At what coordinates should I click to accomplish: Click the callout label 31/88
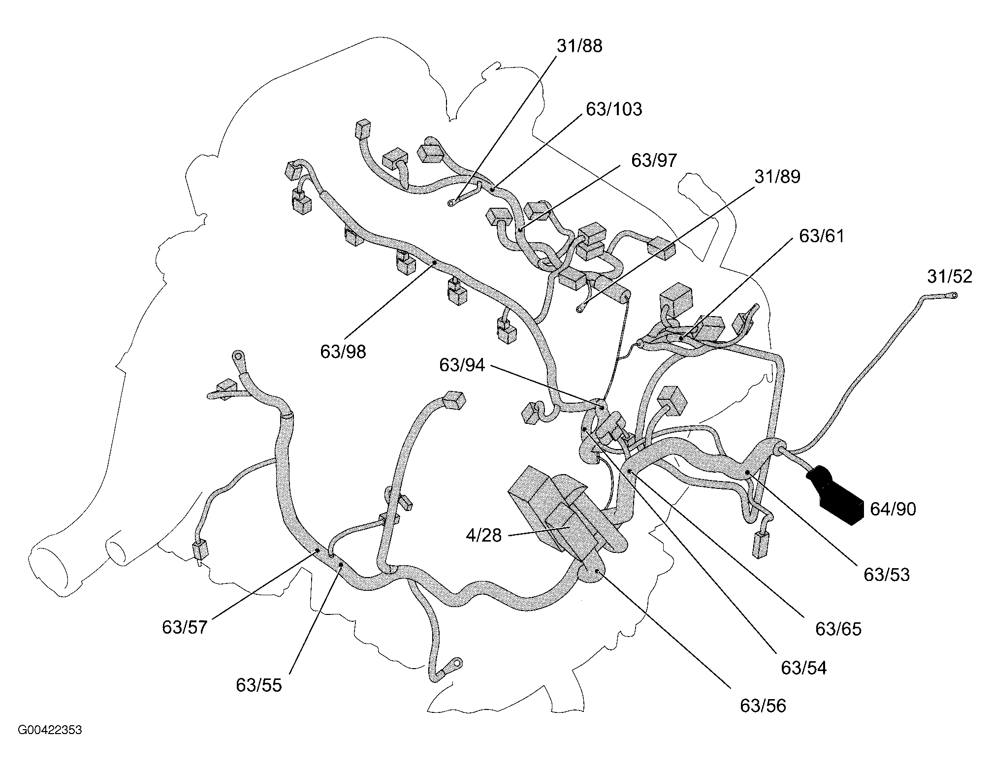coord(579,46)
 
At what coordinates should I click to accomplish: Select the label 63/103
coord(614,109)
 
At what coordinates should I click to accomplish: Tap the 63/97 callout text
coord(654,161)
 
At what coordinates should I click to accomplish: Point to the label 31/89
coord(777,177)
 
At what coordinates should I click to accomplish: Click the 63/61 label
coord(821,236)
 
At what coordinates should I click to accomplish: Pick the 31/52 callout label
coord(950,277)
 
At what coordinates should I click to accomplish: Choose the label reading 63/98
coord(343,352)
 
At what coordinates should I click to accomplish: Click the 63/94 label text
coord(462,365)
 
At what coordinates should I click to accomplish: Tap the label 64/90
coord(893,509)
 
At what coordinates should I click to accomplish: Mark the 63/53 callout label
coord(886,575)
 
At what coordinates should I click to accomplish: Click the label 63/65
coord(838,629)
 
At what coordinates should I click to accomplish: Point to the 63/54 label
coord(803,668)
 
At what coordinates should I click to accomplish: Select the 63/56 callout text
coord(763,706)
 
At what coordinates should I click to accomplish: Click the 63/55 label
coord(259,685)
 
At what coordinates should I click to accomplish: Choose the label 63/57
coord(185,628)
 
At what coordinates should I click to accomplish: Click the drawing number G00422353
coord(50,730)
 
